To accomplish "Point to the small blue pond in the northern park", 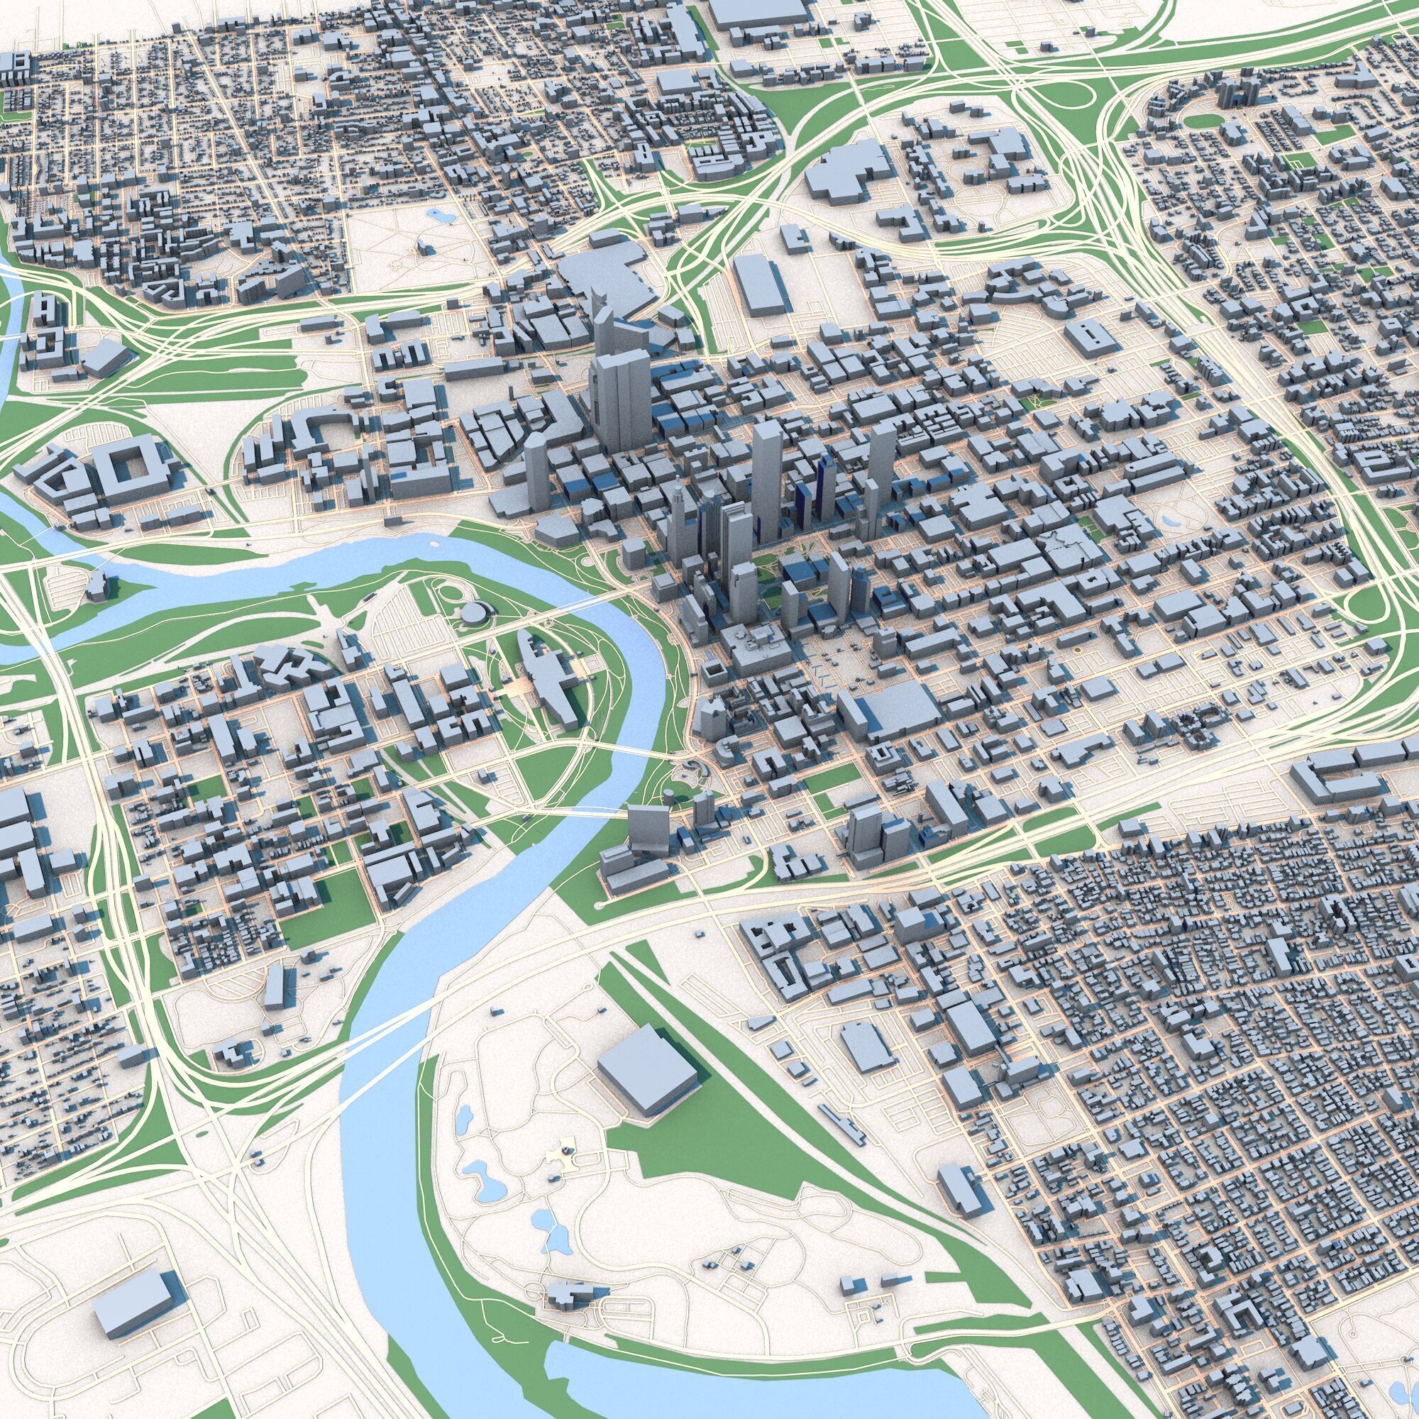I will (x=441, y=216).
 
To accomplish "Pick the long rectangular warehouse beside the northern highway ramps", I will (x=761, y=285).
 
